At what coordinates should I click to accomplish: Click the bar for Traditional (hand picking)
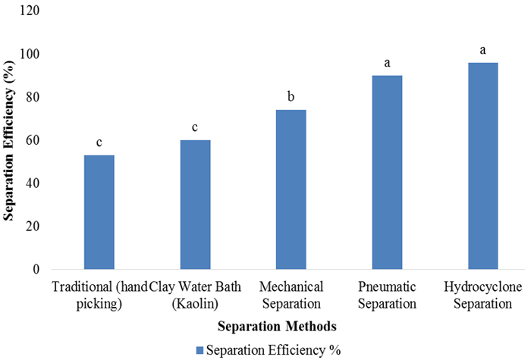pyautogui.click(x=99, y=212)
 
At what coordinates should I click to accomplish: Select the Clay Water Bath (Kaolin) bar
pyautogui.click(x=195, y=205)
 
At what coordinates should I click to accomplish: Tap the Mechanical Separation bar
pyautogui.click(x=291, y=189)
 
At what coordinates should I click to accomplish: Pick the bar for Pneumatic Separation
pyautogui.click(x=387, y=172)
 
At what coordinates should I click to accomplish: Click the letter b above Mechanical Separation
pyautogui.click(x=291, y=97)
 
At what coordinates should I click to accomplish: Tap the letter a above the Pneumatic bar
pyautogui.click(x=387, y=63)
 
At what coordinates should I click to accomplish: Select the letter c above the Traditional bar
pyautogui.click(x=99, y=142)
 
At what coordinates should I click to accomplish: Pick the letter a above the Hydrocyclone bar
pyautogui.click(x=482, y=50)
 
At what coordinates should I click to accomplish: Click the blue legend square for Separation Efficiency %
pyautogui.click(x=200, y=350)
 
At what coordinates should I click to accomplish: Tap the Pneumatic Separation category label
pyautogui.click(x=387, y=296)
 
